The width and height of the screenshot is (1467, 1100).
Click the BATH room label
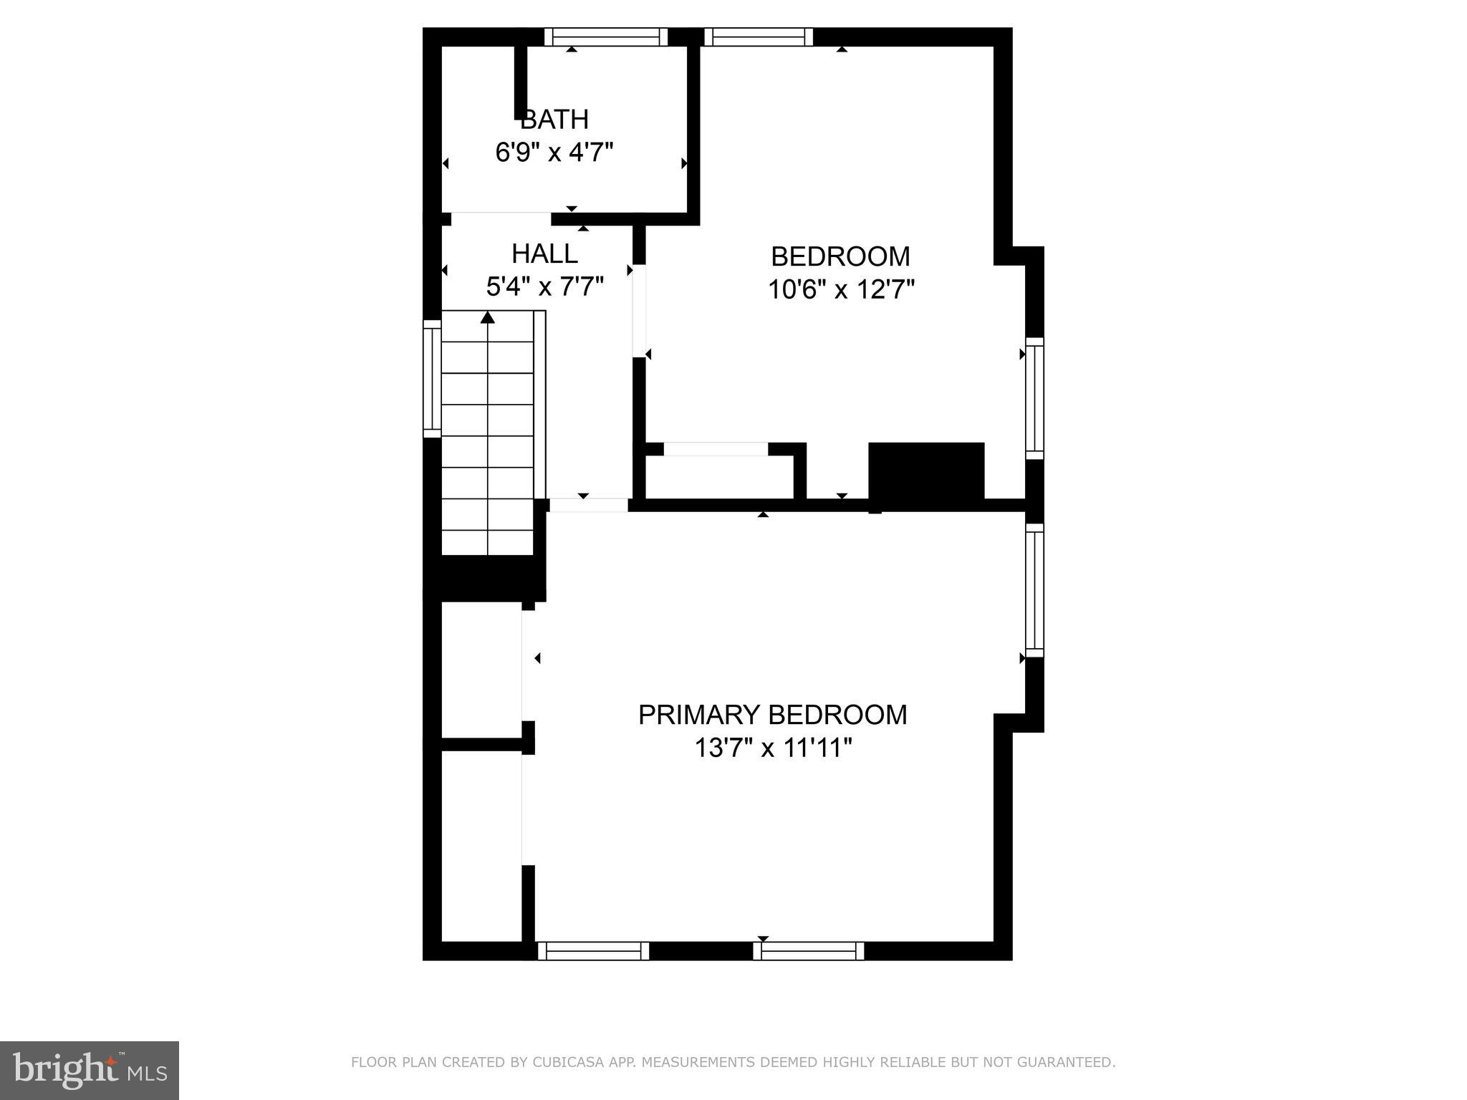coord(554,119)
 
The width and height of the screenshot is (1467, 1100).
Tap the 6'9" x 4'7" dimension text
coord(554,153)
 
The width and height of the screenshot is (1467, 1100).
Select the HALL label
coord(544,254)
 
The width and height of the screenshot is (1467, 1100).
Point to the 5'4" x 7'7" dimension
coord(544,287)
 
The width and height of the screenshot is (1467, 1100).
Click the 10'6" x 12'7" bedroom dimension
coord(841,290)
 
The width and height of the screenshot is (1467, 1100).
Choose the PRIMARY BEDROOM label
coord(772,715)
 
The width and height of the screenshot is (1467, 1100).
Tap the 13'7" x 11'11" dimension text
coord(773,748)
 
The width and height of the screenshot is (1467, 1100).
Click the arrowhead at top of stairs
coord(488,317)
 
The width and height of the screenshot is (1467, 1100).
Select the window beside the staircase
coord(432,378)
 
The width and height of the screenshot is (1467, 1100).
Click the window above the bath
coord(606,37)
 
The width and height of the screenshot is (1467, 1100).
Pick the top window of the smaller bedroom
coord(759,37)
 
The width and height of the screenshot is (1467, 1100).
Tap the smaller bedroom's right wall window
coord(1034,398)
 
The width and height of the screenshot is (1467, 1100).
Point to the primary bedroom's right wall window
coord(1034,590)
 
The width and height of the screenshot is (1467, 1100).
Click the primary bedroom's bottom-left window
coord(593,951)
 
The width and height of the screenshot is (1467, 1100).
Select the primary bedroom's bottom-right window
coord(809,951)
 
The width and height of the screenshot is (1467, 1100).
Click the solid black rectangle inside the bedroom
coord(926,471)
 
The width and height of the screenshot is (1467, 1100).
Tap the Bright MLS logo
coord(90,1071)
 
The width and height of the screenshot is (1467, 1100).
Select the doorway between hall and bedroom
coord(639,312)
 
